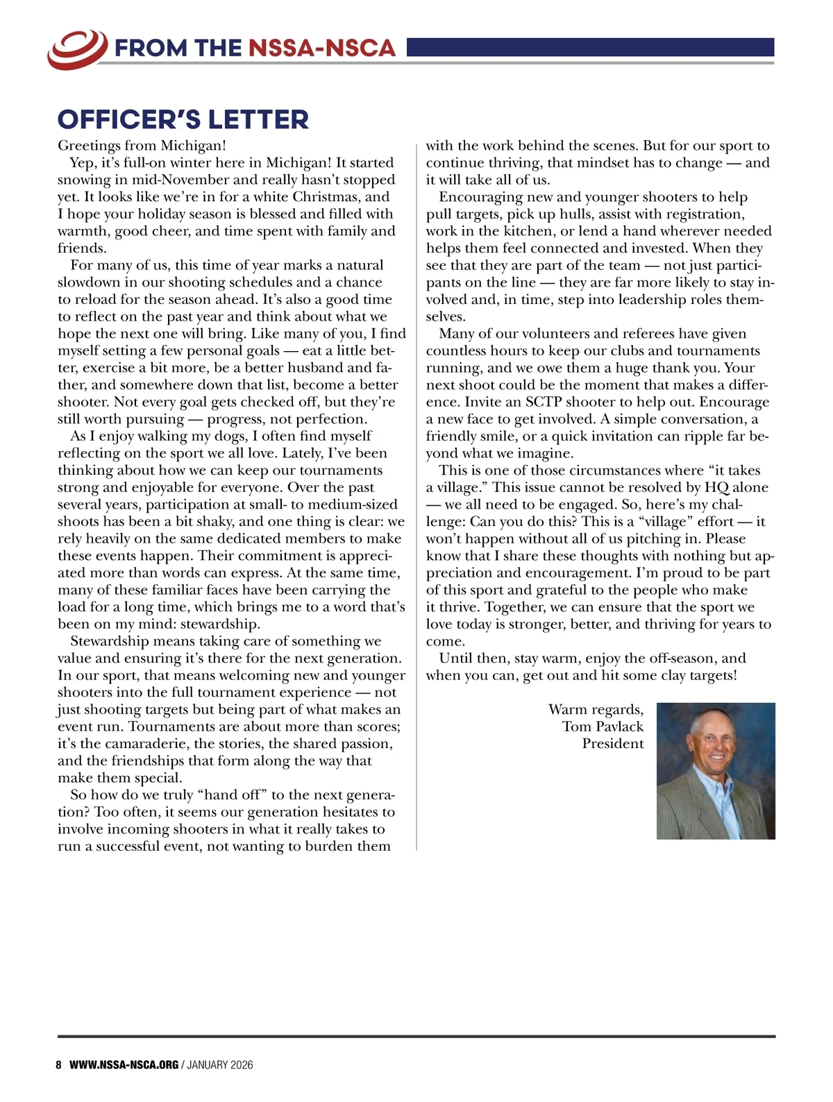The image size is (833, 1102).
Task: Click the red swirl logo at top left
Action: point(77,49)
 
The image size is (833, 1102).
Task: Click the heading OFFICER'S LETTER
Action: point(183,119)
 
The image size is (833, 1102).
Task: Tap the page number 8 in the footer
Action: point(59,1065)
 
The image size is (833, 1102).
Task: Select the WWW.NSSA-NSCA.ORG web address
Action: point(124,1065)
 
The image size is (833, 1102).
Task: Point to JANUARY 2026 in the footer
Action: point(220,1065)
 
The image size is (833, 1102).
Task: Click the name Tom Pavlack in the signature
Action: point(603,727)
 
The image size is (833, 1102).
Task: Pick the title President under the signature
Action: point(613,744)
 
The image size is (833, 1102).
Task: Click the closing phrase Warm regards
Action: point(596,709)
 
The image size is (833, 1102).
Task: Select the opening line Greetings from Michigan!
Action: point(142,146)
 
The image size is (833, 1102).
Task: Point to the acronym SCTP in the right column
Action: point(542,402)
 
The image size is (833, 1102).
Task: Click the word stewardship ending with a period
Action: point(220,624)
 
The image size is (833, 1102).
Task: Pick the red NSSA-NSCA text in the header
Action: point(321,48)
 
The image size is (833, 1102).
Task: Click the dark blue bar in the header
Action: point(590,47)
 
